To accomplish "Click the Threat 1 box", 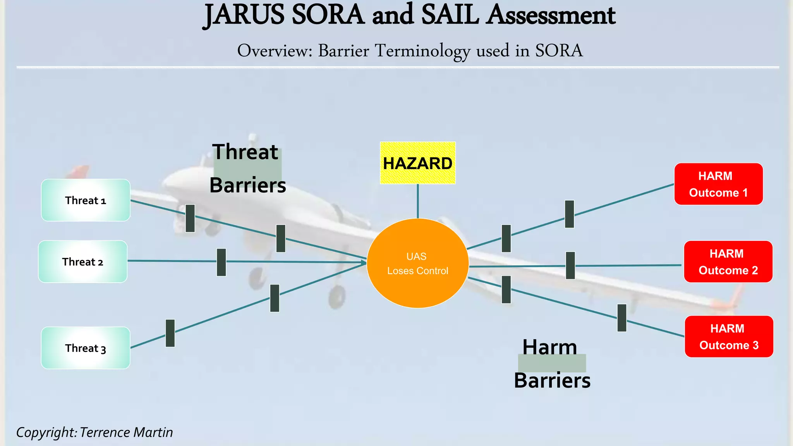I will [x=86, y=200].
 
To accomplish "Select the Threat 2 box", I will [x=83, y=262].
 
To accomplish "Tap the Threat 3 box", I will [x=86, y=348].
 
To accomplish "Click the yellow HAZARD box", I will [x=417, y=163].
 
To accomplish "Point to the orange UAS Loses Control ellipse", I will [x=417, y=263].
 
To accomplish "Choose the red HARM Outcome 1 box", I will [x=718, y=184].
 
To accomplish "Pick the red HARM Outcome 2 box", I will [x=728, y=262].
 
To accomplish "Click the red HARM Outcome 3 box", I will [x=729, y=336].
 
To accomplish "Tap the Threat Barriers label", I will [x=247, y=168].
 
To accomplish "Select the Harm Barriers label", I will [x=552, y=364].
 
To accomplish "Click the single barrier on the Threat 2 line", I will [x=221, y=262].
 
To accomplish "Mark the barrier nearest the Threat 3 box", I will [x=170, y=333].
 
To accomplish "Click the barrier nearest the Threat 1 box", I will [x=190, y=218].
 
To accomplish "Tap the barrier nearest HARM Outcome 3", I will [x=622, y=318].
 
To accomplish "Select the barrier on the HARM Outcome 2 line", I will [x=570, y=266].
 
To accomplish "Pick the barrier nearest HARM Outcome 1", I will [x=569, y=214].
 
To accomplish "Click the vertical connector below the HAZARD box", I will [x=418, y=201].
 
